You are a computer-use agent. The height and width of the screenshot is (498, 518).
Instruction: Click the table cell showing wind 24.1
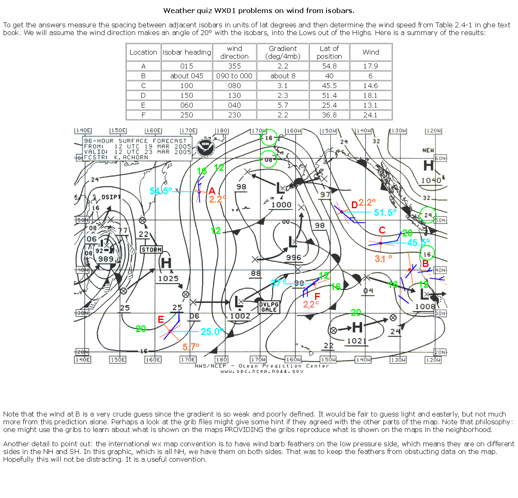370,115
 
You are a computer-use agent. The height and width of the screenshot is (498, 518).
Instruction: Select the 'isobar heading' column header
187,52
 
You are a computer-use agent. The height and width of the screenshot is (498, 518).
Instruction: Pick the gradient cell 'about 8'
282,76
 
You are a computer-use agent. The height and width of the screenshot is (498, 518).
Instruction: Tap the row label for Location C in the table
143,86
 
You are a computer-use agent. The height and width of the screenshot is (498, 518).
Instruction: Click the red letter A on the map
212,191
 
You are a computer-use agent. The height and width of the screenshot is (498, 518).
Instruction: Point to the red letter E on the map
161,320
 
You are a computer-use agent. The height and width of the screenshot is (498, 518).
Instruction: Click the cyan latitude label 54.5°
161,191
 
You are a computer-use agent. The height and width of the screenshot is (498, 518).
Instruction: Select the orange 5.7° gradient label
191,347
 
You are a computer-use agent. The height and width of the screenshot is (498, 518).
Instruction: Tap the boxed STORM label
151,249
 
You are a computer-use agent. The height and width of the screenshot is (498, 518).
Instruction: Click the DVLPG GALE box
269,307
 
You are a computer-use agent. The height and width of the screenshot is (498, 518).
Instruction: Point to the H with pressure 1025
166,263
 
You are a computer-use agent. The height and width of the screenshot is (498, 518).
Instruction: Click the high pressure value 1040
431,181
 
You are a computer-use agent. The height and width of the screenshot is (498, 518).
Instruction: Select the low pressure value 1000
282,205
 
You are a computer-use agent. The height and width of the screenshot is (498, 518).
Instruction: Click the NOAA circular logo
205,148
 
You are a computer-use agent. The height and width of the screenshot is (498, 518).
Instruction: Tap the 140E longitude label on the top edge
83,130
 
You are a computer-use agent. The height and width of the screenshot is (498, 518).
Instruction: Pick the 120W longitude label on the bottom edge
433,360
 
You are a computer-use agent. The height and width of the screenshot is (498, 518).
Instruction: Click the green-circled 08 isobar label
268,160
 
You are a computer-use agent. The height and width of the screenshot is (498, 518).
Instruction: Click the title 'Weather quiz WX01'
259,11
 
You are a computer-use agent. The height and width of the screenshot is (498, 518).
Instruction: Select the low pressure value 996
293,258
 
